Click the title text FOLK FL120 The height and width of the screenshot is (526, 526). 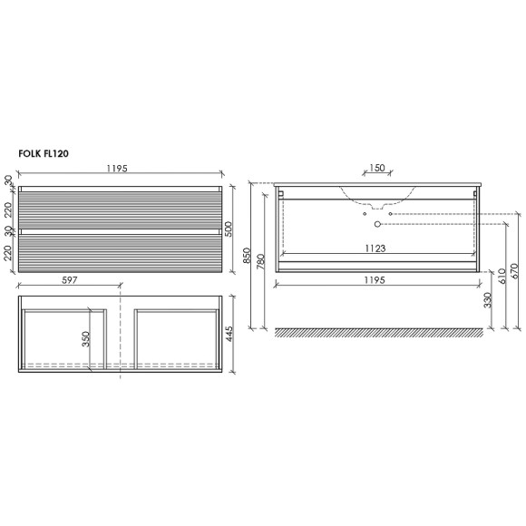[44, 153]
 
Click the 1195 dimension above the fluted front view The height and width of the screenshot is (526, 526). [117, 168]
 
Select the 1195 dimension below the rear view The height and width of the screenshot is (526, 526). [375, 279]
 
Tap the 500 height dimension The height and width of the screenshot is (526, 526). [229, 229]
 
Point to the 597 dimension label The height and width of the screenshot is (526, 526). [70, 279]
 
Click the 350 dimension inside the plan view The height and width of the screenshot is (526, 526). [86, 339]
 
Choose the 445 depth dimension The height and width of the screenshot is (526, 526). [229, 334]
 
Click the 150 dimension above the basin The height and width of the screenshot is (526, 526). [377, 168]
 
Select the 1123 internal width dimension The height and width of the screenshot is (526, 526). [375, 248]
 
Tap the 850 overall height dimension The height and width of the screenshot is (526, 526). [247, 255]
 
